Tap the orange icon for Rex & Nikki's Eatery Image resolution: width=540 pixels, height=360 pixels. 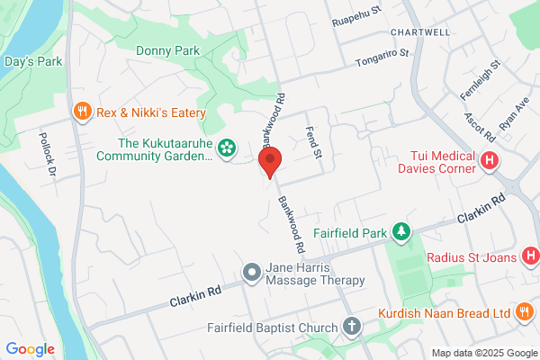(x=82, y=112)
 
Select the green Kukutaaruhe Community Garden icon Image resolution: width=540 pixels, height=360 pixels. (x=227, y=145)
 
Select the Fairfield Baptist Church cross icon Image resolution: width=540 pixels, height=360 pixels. (x=350, y=327)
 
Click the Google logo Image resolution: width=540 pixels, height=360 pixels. (x=30, y=349)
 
